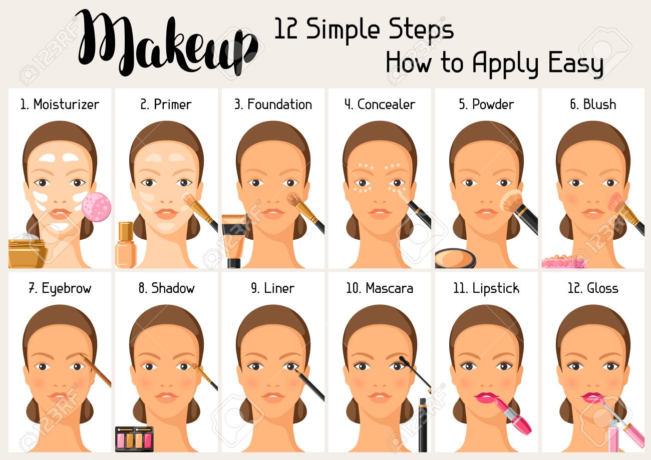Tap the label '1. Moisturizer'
tap(60, 105)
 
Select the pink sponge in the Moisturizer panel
tap(96, 206)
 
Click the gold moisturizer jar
tap(27, 253)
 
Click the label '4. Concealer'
tap(380, 105)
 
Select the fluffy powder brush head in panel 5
tap(511, 201)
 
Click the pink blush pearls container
tap(563, 262)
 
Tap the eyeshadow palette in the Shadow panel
tap(134, 438)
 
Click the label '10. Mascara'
tap(379, 289)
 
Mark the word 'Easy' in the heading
tap(575, 64)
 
